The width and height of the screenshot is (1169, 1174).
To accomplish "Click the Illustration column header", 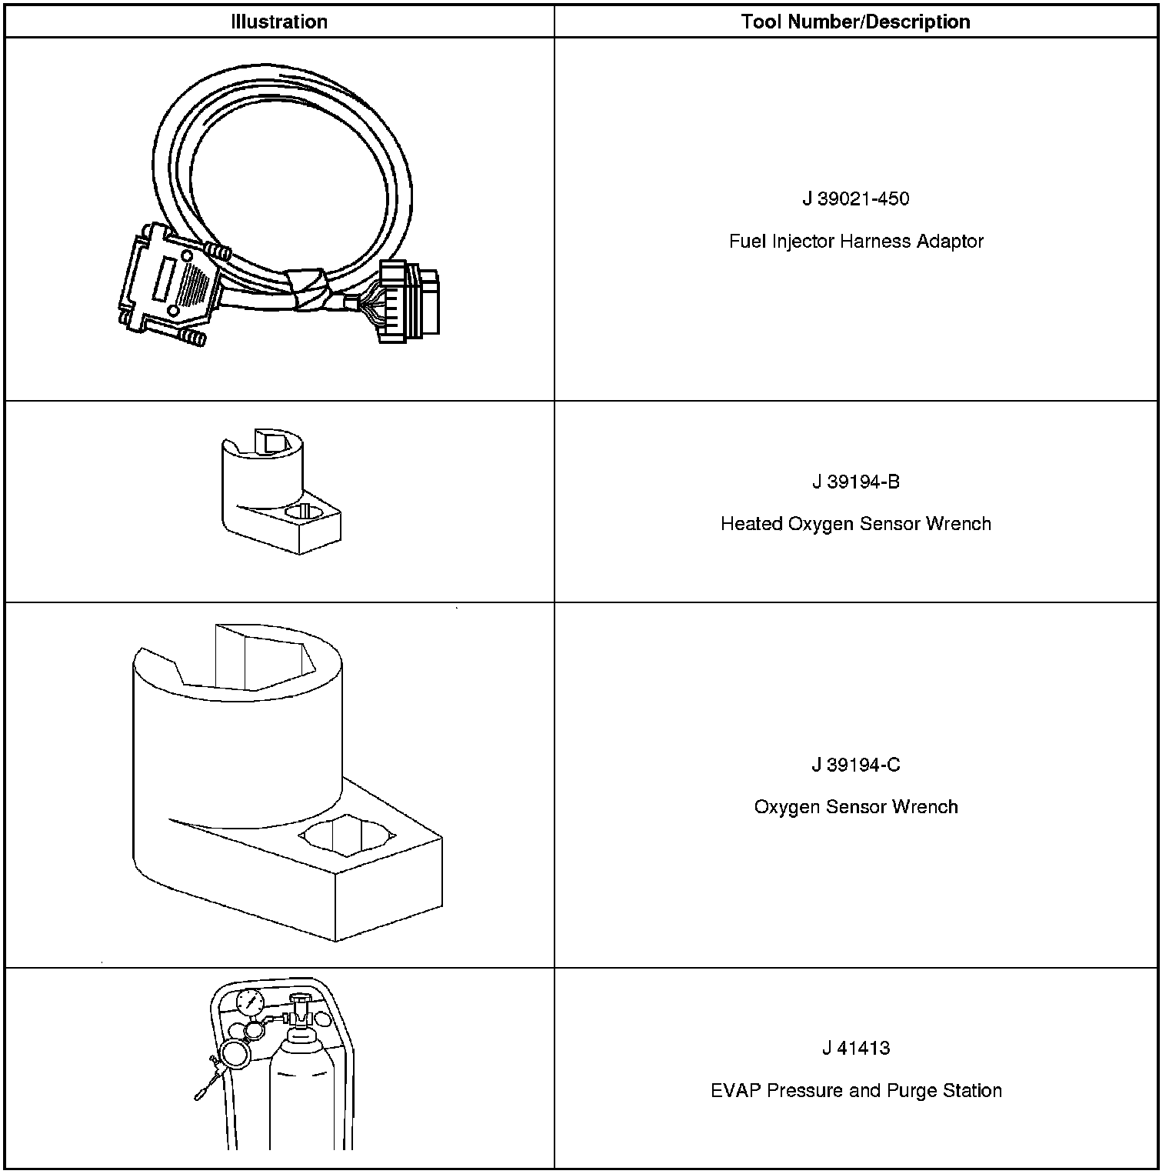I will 279,22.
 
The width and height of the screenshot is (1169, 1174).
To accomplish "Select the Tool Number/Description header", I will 855,22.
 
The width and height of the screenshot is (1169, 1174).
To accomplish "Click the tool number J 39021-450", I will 855,199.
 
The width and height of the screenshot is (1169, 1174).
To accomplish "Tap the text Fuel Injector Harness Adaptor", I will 855,242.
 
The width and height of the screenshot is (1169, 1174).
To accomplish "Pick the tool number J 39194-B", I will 855,482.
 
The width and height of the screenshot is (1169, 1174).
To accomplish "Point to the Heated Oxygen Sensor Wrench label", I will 855,524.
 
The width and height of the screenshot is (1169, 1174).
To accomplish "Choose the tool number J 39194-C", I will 855,765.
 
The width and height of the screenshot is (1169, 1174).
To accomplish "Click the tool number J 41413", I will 855,1049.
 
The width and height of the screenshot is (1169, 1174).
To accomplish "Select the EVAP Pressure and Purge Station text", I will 855,1091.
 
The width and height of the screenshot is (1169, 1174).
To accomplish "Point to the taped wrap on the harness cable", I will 308,290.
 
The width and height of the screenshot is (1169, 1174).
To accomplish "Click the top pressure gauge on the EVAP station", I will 250,1003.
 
